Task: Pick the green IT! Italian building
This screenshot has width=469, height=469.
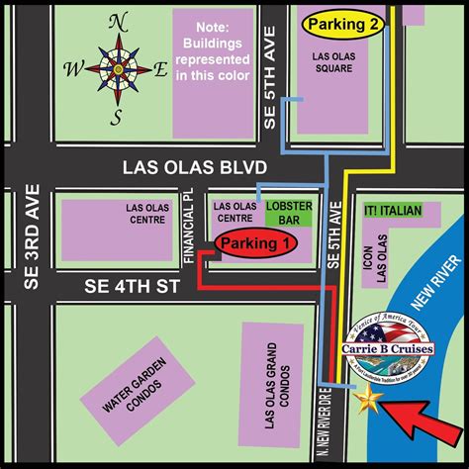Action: point(393,211)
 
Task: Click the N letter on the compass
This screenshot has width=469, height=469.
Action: point(118,22)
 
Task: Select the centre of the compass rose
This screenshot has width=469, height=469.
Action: point(118,70)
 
